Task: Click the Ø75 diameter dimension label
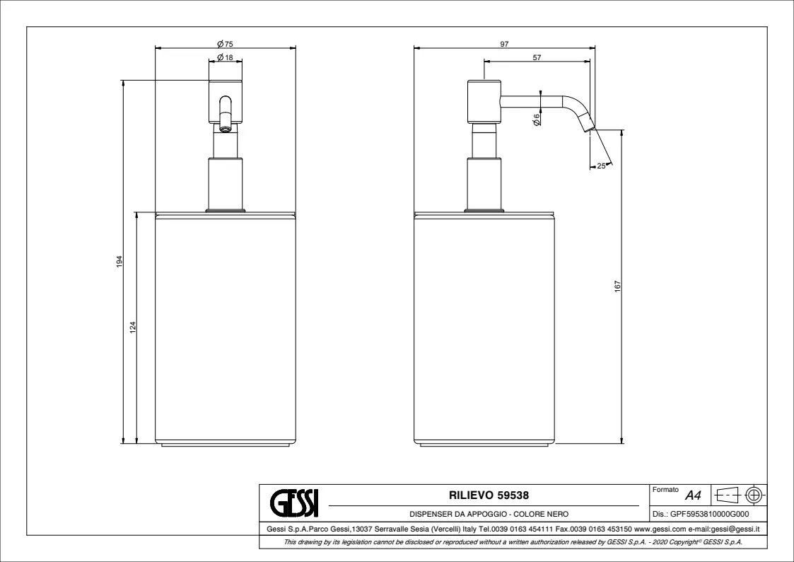pos(225,44)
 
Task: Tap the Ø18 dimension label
pos(225,57)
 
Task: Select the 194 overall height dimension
pos(120,261)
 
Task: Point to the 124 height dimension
pos(133,328)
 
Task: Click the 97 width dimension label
pos(504,44)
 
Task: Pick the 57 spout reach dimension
pos(537,57)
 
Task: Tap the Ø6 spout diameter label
pos(536,120)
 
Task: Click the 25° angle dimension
pos(602,166)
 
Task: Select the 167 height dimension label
pos(617,287)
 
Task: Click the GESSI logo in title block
pos(293,502)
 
